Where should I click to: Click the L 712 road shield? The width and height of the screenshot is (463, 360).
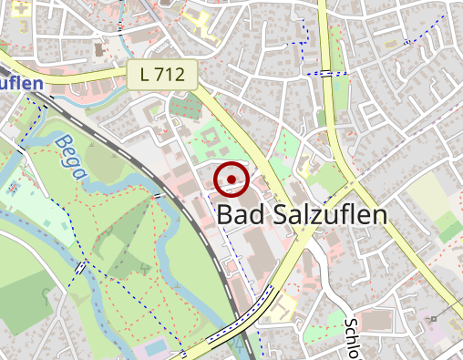click(162, 77)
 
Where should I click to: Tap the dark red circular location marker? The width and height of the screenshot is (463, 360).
click(232, 180)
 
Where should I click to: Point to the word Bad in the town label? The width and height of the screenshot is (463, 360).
click(241, 215)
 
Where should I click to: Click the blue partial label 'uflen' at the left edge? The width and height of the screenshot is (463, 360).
click(22, 84)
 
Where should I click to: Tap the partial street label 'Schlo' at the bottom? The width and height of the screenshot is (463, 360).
click(353, 338)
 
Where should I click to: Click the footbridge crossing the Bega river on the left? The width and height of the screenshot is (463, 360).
click(83, 268)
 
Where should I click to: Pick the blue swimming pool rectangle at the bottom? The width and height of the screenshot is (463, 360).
click(156, 349)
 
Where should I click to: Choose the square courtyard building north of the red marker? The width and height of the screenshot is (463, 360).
click(209, 142)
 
